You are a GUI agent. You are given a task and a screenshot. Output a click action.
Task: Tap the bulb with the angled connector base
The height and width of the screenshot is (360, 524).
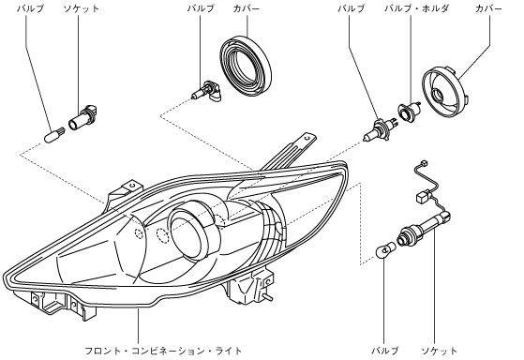tap(205, 91)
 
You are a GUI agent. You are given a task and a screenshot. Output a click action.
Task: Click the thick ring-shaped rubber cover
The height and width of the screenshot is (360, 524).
tap(246, 66)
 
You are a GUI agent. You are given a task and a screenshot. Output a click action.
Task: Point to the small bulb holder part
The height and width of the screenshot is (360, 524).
tap(409, 111)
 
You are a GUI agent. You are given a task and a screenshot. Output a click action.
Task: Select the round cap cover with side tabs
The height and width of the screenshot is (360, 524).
tap(444, 92)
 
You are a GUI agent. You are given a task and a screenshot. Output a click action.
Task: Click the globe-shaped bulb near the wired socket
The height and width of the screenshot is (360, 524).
tap(386, 249)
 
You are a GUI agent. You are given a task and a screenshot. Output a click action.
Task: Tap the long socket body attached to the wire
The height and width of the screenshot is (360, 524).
tap(424, 227)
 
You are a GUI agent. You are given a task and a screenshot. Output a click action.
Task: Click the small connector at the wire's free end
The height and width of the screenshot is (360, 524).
tap(425, 163)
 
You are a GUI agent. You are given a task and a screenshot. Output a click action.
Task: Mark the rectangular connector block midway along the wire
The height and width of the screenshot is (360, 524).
tap(423, 196)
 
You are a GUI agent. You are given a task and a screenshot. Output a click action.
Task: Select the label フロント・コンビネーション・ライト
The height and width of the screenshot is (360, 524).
tap(163, 351)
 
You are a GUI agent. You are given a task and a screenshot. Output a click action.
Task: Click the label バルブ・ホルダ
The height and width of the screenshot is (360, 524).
tap(416, 8)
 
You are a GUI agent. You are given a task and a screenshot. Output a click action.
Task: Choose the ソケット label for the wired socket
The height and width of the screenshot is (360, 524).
tap(439, 351)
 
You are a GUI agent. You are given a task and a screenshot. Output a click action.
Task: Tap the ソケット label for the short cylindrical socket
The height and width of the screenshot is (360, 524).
tap(82, 8)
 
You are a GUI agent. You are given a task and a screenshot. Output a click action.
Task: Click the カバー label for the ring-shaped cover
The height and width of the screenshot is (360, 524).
tap(247, 8)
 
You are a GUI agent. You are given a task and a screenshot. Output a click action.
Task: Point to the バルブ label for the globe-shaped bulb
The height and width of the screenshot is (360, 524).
tap(385, 351)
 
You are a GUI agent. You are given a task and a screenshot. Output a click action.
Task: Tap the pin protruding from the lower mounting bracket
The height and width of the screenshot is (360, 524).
tap(269, 296)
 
